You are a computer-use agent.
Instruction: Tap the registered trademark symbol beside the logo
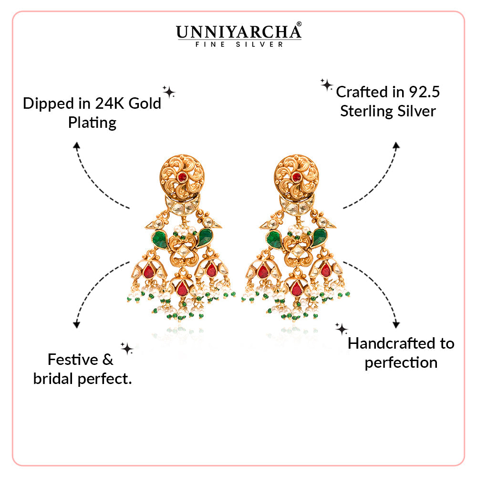(x=299, y=24)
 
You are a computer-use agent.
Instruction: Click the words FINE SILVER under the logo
(x=239, y=44)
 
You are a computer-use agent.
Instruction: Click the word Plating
(x=92, y=123)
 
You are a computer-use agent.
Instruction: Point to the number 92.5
(x=424, y=92)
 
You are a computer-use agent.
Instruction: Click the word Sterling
(x=367, y=111)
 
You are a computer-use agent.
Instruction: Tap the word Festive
(x=73, y=360)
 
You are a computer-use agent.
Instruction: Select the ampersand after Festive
(x=108, y=360)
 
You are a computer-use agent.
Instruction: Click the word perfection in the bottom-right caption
(x=401, y=363)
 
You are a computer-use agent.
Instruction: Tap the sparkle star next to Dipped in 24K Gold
(x=169, y=92)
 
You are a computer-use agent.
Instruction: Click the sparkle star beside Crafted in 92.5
(x=326, y=85)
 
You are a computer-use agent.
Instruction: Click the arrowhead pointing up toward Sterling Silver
(x=396, y=145)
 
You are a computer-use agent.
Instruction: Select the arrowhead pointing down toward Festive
(x=77, y=324)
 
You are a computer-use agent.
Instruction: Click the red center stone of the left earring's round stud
(x=182, y=177)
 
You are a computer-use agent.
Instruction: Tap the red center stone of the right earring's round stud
(x=296, y=177)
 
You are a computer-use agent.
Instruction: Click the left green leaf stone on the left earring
(x=160, y=239)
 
